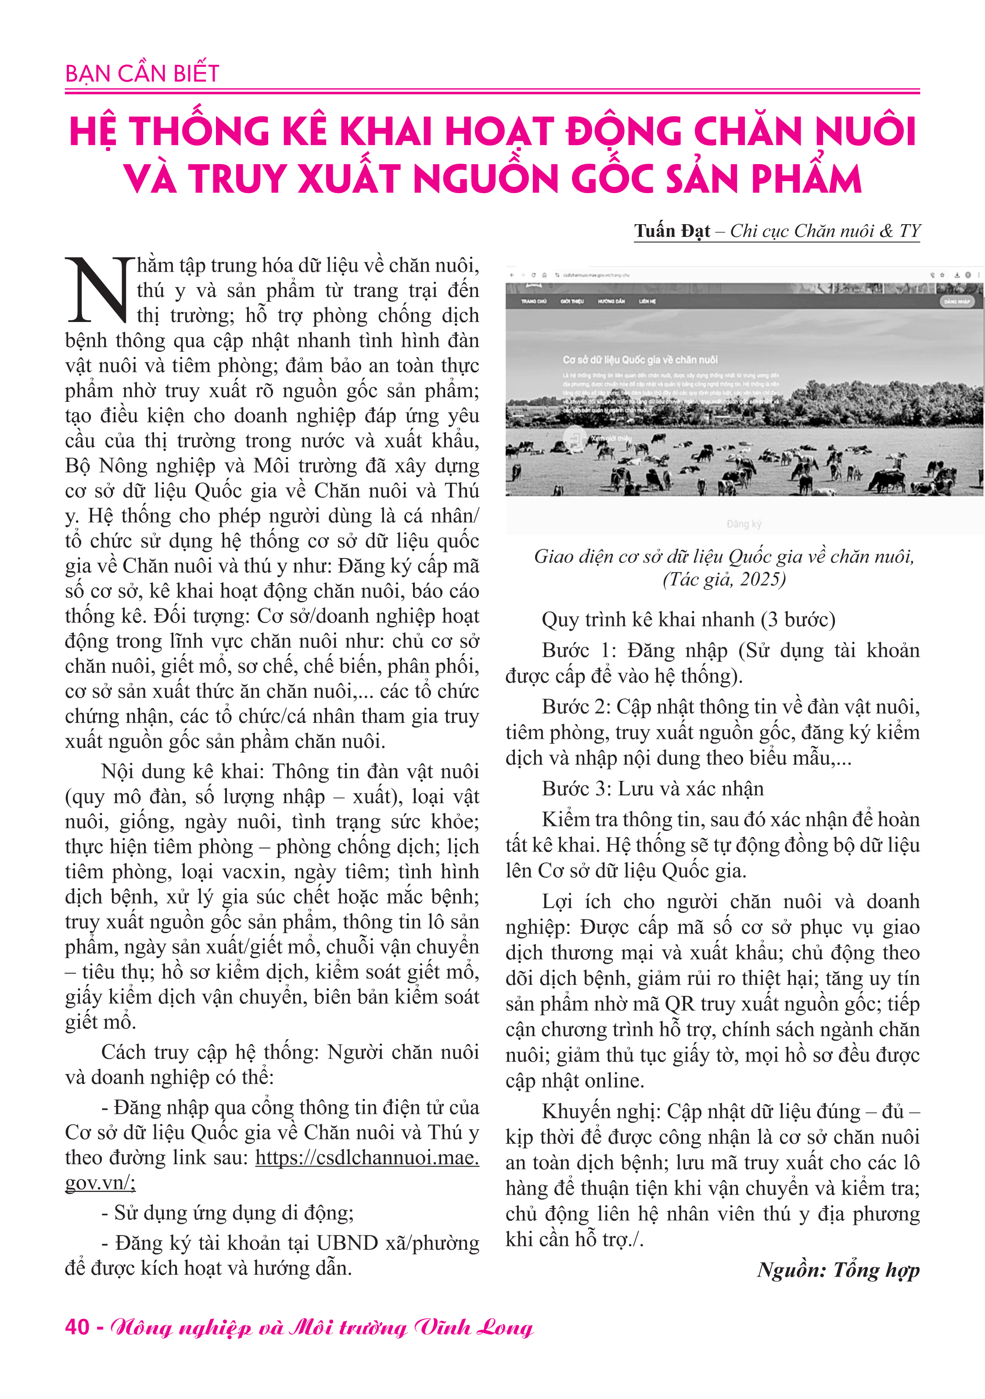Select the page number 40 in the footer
(77, 1327)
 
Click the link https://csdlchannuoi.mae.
(367, 1157)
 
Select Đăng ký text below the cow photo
(744, 524)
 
